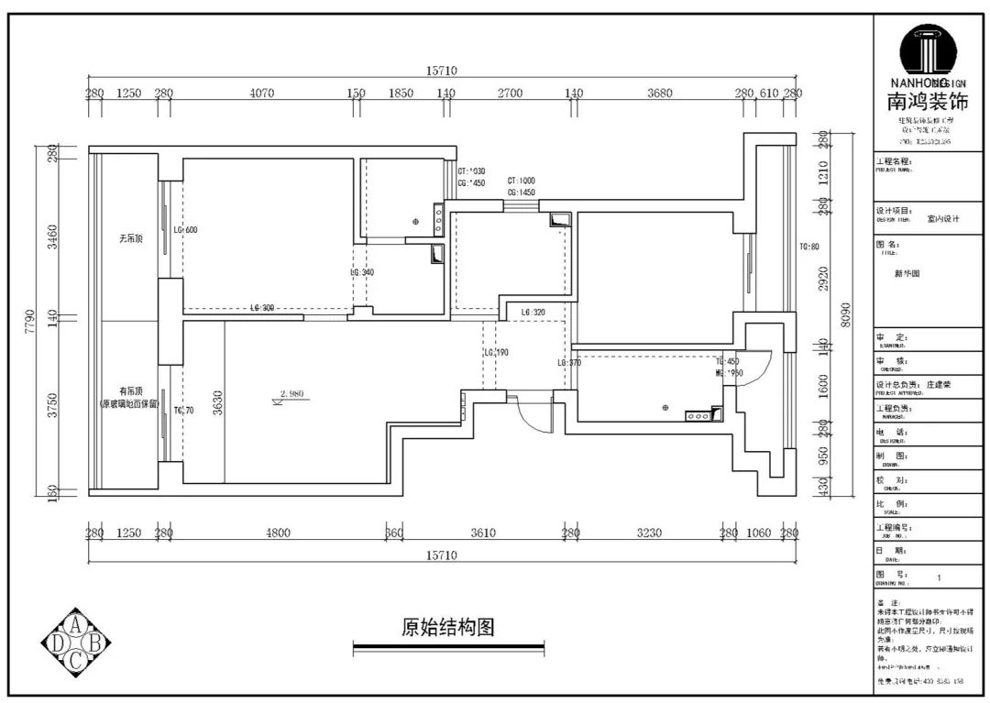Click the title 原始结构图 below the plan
(x=448, y=628)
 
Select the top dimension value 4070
(x=261, y=93)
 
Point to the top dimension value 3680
(x=659, y=93)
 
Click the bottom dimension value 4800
(x=278, y=533)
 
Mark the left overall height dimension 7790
(x=30, y=320)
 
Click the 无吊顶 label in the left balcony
(x=129, y=237)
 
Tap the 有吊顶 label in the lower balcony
(x=129, y=390)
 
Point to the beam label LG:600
(x=184, y=229)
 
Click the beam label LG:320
(x=533, y=313)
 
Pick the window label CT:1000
(x=521, y=181)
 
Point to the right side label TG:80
(x=808, y=247)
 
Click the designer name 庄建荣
(x=939, y=385)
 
